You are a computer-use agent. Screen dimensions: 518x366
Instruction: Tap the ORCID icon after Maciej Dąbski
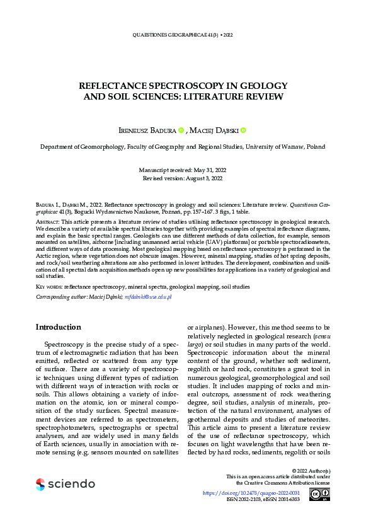click(x=243, y=130)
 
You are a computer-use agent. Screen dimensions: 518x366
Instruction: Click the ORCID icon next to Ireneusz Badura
click(x=180, y=130)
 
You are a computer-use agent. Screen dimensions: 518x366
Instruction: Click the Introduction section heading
click(x=58, y=327)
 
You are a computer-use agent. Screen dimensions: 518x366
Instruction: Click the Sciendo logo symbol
click(x=40, y=484)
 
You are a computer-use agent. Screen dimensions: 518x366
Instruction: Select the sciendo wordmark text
click(x=72, y=484)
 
